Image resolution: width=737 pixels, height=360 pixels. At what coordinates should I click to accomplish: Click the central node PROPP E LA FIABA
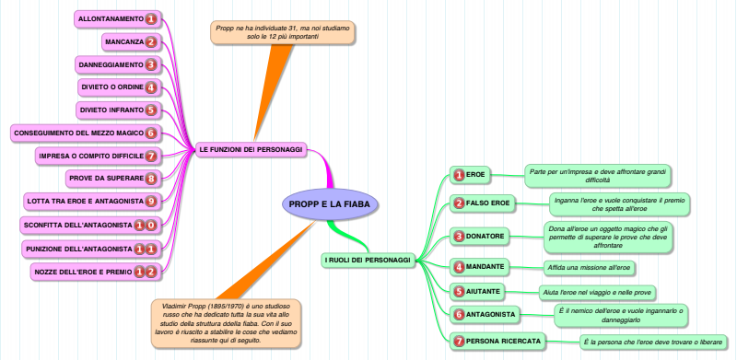pyautogui.click(x=330, y=204)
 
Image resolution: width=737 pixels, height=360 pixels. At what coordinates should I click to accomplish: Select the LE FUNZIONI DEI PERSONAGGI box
pyautogui.click(x=251, y=150)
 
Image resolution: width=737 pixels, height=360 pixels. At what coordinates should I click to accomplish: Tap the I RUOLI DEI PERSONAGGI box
pyautogui.click(x=368, y=260)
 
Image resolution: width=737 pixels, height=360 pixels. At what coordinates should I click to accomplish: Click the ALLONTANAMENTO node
pyautogui.click(x=118, y=19)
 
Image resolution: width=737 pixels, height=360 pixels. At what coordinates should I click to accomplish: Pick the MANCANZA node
pyautogui.click(x=132, y=41)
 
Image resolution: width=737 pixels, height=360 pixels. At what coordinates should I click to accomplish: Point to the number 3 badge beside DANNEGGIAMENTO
pyautogui.click(x=150, y=64)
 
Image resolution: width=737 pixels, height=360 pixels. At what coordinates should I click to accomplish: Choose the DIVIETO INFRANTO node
pyautogui.click(x=119, y=110)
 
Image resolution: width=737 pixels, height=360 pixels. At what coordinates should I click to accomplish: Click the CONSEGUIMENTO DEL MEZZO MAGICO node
pyautogui.click(x=86, y=133)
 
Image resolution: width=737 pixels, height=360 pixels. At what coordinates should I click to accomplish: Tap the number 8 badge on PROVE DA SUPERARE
pyautogui.click(x=150, y=179)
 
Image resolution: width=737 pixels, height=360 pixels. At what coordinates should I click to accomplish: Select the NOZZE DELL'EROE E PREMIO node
pyautogui.click(x=96, y=272)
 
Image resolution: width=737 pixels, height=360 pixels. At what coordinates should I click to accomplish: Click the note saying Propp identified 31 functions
pyautogui.click(x=283, y=32)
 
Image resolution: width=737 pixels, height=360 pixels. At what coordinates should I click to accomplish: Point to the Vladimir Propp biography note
pyautogui.click(x=226, y=323)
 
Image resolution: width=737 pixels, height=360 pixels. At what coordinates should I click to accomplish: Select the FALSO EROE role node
pyautogui.click(x=483, y=203)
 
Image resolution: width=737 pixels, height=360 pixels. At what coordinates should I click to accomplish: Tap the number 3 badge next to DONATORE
pyautogui.click(x=459, y=237)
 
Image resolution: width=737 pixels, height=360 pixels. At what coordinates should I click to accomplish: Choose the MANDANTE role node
pyautogui.click(x=479, y=267)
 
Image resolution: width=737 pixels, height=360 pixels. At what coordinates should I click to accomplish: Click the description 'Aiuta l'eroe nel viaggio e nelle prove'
pyautogui.click(x=597, y=292)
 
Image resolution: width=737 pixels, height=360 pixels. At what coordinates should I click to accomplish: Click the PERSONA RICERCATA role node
pyautogui.click(x=498, y=342)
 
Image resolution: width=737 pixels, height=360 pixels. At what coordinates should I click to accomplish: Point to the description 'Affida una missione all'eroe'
pyautogui.click(x=589, y=268)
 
